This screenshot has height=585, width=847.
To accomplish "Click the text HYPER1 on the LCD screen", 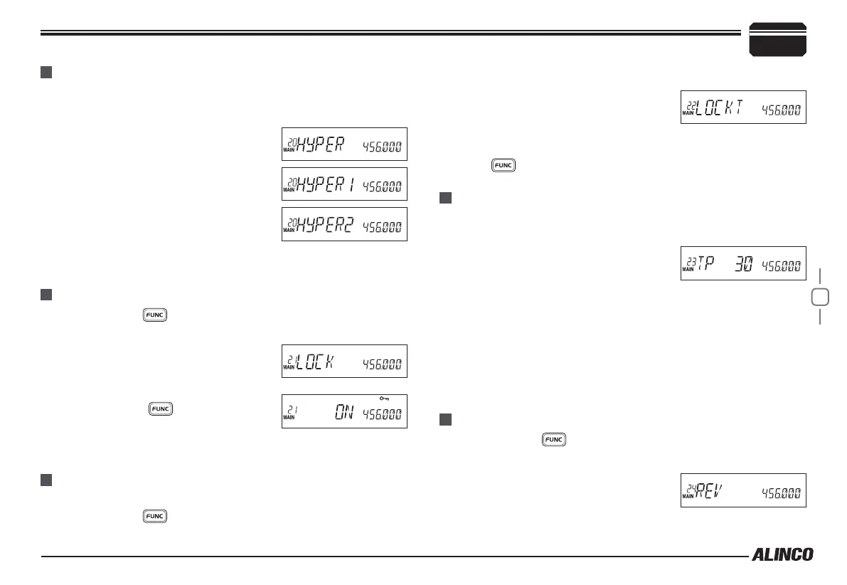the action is pyautogui.click(x=326, y=186).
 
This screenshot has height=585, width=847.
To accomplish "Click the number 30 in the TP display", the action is pyautogui.click(x=742, y=265).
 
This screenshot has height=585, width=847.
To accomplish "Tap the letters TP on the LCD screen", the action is pyautogui.click(x=704, y=265).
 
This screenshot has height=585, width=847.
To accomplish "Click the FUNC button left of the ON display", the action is pyautogui.click(x=159, y=409).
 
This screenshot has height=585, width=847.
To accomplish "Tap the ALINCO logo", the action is pyautogui.click(x=782, y=555).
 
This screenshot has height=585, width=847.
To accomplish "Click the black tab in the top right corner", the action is pyautogui.click(x=778, y=39).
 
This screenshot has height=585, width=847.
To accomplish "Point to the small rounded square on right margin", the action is pyautogui.click(x=820, y=296).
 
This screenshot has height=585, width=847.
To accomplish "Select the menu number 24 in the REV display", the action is pyautogui.click(x=688, y=487).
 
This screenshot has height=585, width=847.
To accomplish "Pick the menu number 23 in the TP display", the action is pyautogui.click(x=688, y=261).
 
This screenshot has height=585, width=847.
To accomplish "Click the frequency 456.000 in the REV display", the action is pyautogui.click(x=781, y=492).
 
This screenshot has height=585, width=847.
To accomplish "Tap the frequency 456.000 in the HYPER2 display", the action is pyautogui.click(x=382, y=227).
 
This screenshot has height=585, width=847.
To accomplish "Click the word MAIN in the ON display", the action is pyautogui.click(x=289, y=418).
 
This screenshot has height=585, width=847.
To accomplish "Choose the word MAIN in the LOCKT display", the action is pyautogui.click(x=687, y=113).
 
